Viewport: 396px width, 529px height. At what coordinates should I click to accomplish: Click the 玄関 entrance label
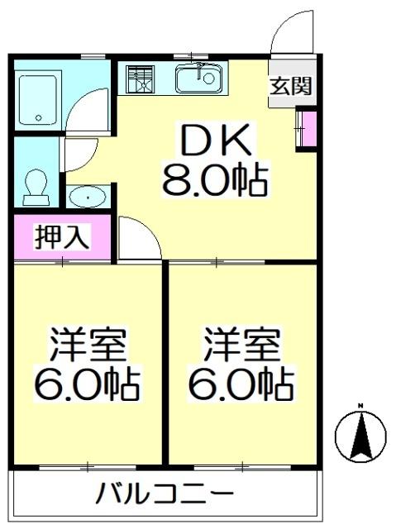pyautogui.click(x=291, y=85)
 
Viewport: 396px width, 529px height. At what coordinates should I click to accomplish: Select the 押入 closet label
pyautogui.click(x=60, y=237)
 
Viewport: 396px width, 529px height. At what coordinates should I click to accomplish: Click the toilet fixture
pyautogui.click(x=36, y=185)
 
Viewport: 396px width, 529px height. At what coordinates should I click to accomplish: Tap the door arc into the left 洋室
pyautogui.click(x=137, y=239)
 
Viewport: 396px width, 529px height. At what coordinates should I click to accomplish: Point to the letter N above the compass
pyautogui.click(x=360, y=405)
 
